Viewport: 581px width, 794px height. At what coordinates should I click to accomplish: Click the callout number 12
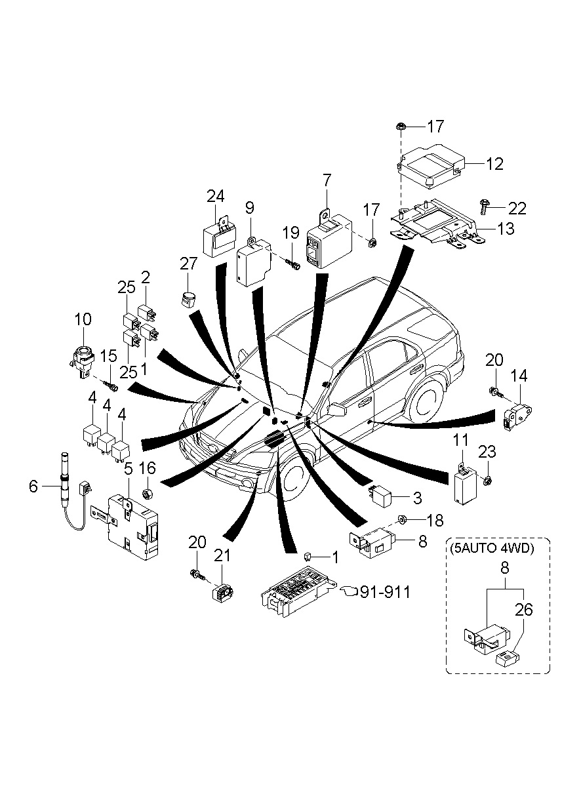point(494,164)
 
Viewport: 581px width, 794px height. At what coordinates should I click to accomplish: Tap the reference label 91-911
point(386,592)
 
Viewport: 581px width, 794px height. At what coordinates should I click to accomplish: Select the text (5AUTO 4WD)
point(492,548)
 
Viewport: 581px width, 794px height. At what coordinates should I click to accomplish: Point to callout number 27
point(188,264)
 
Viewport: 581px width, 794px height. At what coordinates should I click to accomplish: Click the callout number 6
point(33,486)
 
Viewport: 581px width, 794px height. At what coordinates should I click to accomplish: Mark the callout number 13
point(506,229)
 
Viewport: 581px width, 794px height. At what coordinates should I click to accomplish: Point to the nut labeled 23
point(487,481)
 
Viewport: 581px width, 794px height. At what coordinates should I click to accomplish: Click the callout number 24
point(216,196)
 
